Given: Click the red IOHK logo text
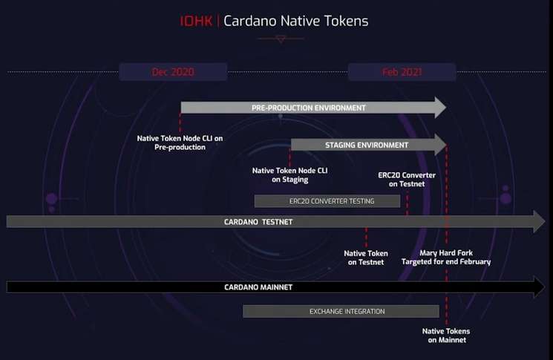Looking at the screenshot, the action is [x=197, y=22].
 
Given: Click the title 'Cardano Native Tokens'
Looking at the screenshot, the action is [x=296, y=22].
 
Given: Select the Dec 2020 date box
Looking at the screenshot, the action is [x=173, y=72].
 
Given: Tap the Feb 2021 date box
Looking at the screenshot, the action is [x=402, y=72].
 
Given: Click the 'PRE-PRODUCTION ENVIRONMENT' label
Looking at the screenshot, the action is [x=309, y=108].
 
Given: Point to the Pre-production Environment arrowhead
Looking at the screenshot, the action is [x=440, y=107].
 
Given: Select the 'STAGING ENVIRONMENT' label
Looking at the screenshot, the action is [x=367, y=145].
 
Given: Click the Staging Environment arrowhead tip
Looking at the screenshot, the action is [x=447, y=145].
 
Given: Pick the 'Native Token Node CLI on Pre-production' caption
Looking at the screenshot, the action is [x=180, y=143].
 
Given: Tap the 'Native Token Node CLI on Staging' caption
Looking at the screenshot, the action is [x=290, y=175].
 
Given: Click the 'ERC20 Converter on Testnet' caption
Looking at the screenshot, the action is [x=407, y=180].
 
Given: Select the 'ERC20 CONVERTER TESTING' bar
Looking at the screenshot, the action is [x=327, y=201].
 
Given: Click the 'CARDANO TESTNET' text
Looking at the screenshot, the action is [x=258, y=222].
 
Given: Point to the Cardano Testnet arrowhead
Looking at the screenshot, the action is [x=539, y=221].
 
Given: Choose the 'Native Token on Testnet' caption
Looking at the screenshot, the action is [x=366, y=258].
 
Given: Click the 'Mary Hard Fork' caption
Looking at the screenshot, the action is [x=446, y=253].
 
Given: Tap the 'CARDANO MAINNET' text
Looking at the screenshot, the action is [x=258, y=287].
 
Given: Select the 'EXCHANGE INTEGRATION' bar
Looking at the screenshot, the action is [x=341, y=311].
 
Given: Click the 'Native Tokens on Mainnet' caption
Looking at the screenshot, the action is [x=446, y=336].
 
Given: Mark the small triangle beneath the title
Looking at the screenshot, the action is [x=281, y=39].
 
